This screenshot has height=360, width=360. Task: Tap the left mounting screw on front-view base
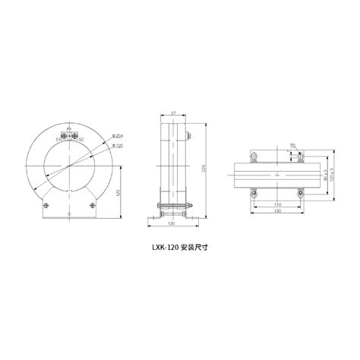point(46,206)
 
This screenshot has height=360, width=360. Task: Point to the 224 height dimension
point(203,169)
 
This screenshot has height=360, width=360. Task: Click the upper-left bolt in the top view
point(253,157)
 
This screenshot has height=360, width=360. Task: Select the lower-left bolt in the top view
point(253,194)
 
